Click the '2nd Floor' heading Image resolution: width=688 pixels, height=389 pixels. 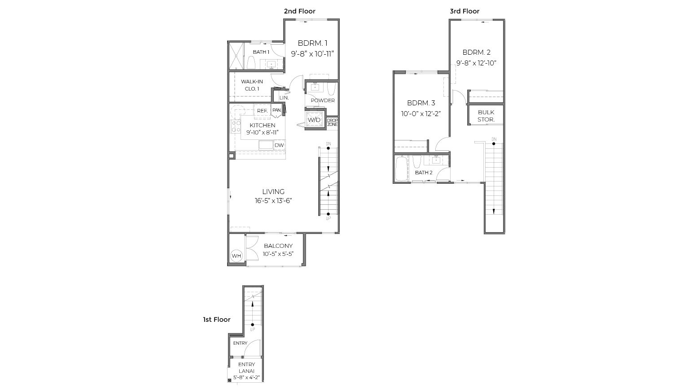pos(299,11)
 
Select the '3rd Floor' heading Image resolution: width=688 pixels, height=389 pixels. pos(465,11)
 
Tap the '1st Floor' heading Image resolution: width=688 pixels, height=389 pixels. pos(216,320)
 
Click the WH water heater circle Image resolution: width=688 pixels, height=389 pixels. pos(237,256)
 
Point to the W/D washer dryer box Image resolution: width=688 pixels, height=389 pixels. pos(314,120)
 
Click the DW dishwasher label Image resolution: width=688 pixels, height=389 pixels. pos(279,145)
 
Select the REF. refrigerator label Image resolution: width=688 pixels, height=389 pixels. pos(262,111)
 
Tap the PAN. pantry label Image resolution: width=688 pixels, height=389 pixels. pos(276,110)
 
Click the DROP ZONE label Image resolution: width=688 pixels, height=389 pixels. pos(332,122)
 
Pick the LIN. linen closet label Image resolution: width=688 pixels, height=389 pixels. pos(284,98)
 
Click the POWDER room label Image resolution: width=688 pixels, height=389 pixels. pos(323,100)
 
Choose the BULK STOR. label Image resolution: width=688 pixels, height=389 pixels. pos(486,116)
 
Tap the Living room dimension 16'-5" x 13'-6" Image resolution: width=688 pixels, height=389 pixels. pos(273,201)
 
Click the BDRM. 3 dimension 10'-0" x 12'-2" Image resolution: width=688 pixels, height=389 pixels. pos(421,114)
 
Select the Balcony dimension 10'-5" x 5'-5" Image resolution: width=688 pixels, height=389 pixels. pos(278,254)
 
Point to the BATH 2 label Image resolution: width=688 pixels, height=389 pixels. pos(424,173)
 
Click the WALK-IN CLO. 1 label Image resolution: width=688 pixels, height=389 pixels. pos(252,85)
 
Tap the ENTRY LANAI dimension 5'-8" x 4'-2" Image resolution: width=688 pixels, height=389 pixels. pos(246,377)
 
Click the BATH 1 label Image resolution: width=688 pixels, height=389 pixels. pos(261,52)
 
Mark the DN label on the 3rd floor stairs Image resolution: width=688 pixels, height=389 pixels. pos(494,139)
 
